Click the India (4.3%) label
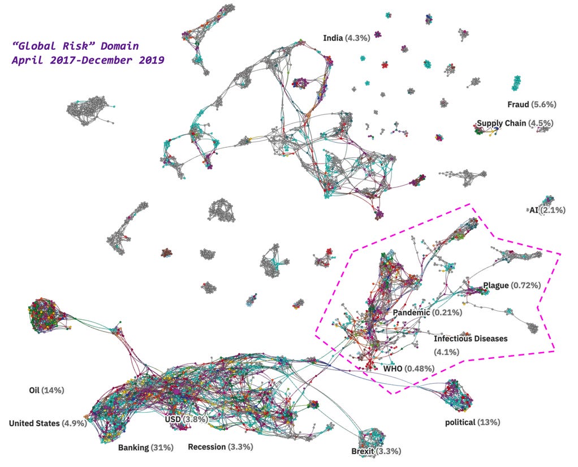[x=346, y=38]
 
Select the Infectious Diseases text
[x=471, y=339]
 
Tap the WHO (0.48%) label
[x=409, y=369]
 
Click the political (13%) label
[x=473, y=422]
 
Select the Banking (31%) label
[x=145, y=448]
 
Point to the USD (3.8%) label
[x=186, y=419]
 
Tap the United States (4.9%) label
[x=48, y=423]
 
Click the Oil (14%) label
[x=46, y=391]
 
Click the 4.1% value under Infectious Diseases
[x=446, y=352]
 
